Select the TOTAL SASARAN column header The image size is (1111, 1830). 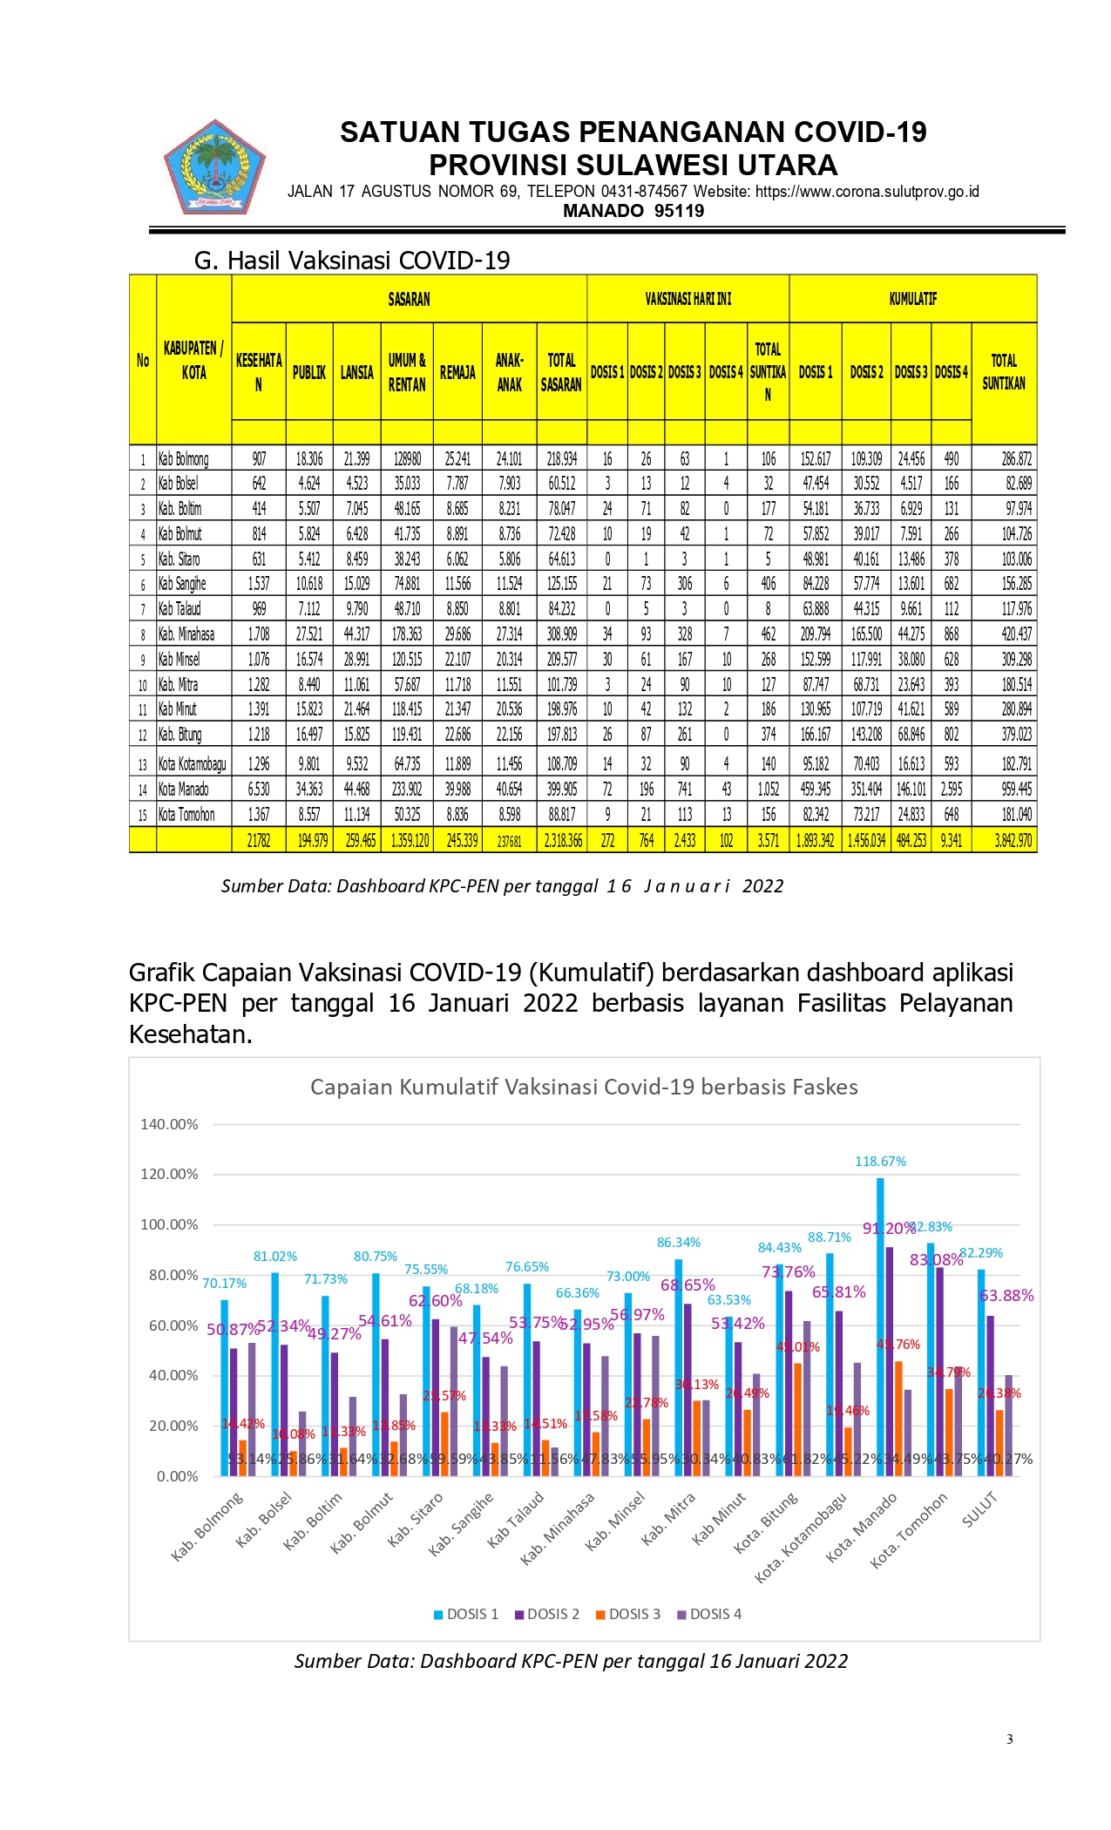point(561,372)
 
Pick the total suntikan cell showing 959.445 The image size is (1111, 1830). point(1016,790)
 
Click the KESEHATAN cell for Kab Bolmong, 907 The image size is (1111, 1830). point(259,458)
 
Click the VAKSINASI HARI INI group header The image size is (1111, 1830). point(688,299)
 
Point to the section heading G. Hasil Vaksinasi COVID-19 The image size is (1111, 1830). point(352,261)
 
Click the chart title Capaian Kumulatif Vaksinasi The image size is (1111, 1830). point(584,1087)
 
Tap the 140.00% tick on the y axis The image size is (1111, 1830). point(169,1124)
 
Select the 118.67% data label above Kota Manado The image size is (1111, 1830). point(880,1162)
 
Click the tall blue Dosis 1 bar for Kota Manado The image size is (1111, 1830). point(880,1325)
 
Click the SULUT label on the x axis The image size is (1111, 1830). point(979,1509)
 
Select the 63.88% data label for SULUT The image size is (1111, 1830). point(1006,1296)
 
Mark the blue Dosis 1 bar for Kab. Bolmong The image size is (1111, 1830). point(224,1386)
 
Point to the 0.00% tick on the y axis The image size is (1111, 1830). point(177,1476)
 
